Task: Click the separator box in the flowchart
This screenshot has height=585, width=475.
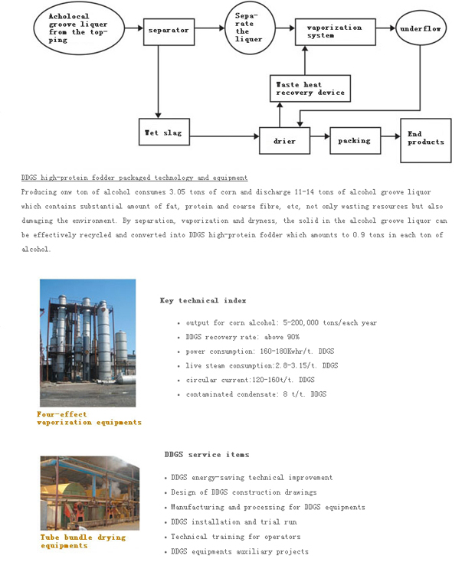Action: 169,31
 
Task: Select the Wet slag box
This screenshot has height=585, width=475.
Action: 163,133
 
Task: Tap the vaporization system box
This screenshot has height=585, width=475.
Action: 334,31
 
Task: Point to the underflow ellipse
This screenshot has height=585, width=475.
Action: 421,29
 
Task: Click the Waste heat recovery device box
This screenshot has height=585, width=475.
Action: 310,89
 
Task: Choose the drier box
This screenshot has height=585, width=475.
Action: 284,141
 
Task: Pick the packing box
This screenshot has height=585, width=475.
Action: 355,141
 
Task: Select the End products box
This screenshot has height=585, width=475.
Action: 425,139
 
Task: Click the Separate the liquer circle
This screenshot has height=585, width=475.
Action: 249,28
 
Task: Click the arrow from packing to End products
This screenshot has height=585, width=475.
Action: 391,139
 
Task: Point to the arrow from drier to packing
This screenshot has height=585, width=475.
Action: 319,139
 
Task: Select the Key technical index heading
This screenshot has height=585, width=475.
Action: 203,301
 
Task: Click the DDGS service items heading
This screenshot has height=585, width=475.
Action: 206,455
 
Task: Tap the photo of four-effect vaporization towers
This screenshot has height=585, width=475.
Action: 87,342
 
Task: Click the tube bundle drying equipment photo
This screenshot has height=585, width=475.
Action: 90,493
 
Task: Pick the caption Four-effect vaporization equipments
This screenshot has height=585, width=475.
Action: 89,418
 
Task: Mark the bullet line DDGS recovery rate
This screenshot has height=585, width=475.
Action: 243,337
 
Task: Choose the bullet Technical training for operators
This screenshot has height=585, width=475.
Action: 235,537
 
